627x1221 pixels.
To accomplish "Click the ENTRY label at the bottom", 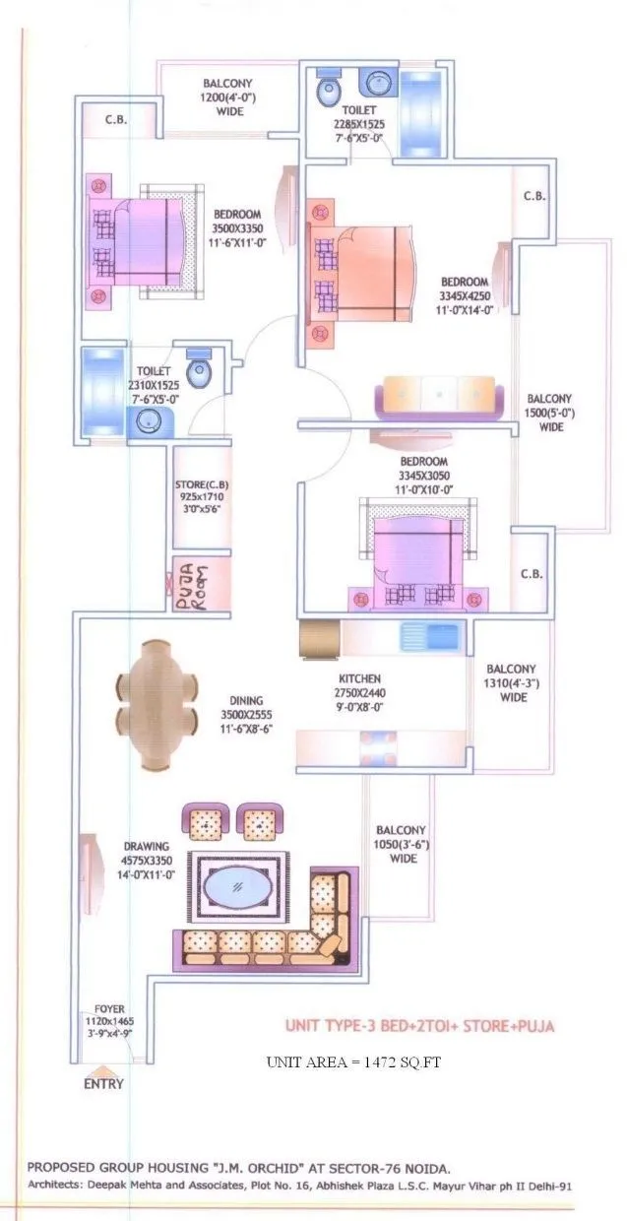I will point(103,1084).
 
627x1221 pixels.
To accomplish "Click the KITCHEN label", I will point(359,679).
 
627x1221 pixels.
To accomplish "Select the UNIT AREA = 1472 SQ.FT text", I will point(357,1061).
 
